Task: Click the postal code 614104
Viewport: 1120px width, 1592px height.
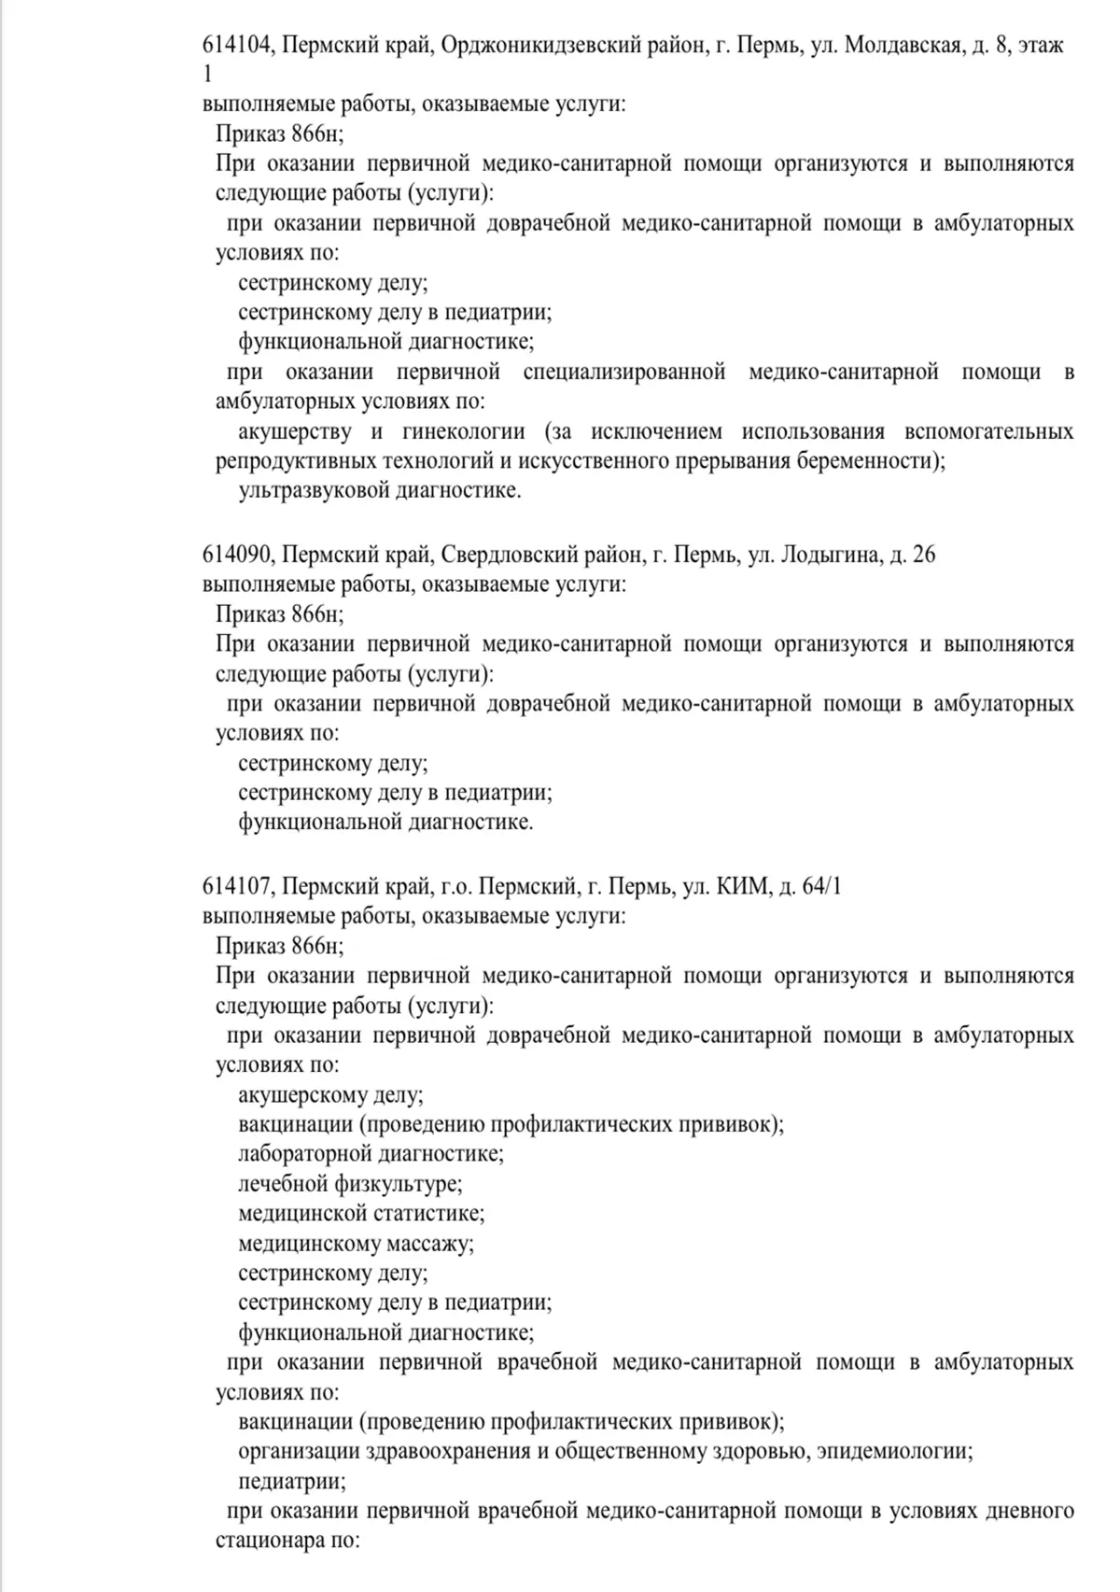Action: [x=237, y=46]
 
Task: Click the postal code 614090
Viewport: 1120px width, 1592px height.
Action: [x=237, y=556]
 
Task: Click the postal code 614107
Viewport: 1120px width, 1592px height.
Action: [x=237, y=887]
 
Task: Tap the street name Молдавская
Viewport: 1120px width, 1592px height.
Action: [x=903, y=46]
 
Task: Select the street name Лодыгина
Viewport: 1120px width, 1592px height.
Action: [x=830, y=556]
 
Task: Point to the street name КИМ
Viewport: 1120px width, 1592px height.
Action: [x=743, y=887]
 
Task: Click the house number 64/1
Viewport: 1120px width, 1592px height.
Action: [x=821, y=887]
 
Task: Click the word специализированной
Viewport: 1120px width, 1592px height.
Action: [x=624, y=373]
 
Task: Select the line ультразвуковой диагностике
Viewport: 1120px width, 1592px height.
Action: [x=380, y=491]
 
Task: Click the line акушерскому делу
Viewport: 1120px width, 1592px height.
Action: [x=330, y=1095]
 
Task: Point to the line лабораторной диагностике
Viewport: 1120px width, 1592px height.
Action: [x=371, y=1154]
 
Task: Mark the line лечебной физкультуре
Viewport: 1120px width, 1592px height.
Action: [x=350, y=1184]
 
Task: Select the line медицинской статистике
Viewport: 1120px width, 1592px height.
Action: [x=361, y=1214]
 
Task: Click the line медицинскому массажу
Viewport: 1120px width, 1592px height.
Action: [x=356, y=1244]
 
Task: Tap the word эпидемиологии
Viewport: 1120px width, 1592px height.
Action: [x=900, y=1452]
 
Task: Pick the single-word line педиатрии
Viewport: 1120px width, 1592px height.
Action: [x=292, y=1482]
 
